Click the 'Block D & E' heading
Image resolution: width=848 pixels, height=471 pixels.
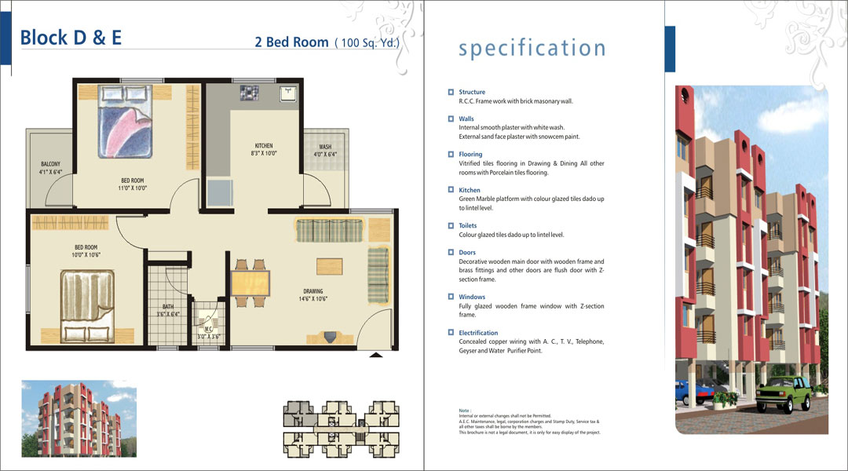coord(71,38)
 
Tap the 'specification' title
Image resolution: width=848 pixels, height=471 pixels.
coord(532,48)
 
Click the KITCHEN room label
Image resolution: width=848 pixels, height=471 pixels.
coord(264,146)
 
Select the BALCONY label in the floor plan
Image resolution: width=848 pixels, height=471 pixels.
coord(51,164)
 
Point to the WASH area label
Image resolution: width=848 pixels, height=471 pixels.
coord(325,147)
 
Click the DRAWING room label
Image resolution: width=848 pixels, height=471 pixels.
coord(313,291)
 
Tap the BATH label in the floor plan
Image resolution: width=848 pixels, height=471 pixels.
coord(168,307)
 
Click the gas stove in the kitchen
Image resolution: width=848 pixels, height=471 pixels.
coord(250,93)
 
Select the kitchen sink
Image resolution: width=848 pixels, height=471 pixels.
coord(288,93)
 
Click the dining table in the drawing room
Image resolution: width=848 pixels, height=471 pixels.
coord(250,283)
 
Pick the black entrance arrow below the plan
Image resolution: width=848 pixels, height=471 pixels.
coord(376,356)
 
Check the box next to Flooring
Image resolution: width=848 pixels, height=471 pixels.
coord(451,154)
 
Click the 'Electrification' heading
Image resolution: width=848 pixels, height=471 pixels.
coord(479,333)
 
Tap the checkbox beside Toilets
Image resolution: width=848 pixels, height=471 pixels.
coord(451,225)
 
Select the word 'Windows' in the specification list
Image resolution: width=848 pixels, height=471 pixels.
coord(472,297)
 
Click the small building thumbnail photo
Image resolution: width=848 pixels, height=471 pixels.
coord(79,418)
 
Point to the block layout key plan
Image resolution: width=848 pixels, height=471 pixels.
coord(342,429)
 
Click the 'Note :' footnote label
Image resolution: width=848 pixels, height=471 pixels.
coord(465,411)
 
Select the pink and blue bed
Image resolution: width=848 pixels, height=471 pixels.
coord(125,122)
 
